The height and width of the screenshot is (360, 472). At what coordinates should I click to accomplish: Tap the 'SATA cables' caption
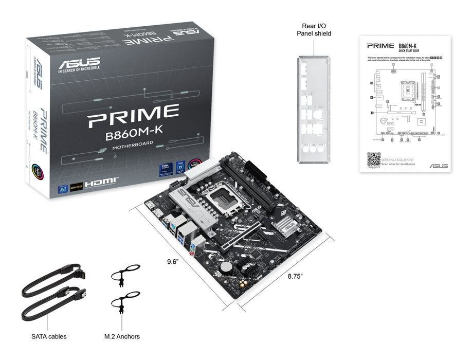tap(49, 337)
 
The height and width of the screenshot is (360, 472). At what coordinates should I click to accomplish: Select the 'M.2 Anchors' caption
tap(122, 337)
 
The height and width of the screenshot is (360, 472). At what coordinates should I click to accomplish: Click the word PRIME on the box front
tap(133, 117)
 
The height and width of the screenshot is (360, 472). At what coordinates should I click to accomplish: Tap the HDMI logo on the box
tap(102, 183)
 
